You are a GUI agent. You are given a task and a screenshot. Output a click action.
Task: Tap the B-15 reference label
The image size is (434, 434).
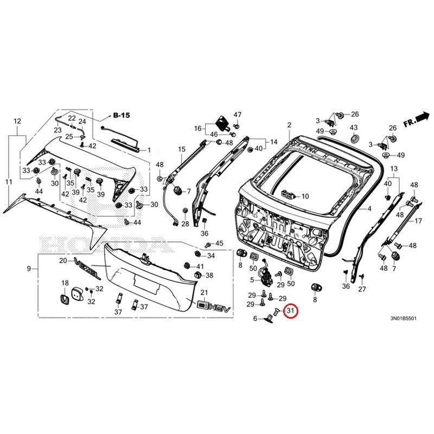click(x=122, y=116)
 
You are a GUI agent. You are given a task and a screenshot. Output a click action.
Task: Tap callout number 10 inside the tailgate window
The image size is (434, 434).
click(x=304, y=196)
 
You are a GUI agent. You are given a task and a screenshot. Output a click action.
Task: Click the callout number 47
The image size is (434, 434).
click(x=237, y=115)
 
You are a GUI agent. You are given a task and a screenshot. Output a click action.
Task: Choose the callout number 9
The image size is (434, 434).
click(x=29, y=268)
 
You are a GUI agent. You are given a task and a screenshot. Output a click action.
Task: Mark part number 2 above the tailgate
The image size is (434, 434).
click(x=290, y=125)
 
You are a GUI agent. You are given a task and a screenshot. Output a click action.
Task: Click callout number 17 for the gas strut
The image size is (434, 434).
click(x=418, y=221)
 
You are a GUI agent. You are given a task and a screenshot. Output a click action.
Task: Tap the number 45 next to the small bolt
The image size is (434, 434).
click(x=220, y=244)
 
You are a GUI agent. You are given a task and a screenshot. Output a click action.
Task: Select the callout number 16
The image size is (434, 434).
click(x=198, y=129)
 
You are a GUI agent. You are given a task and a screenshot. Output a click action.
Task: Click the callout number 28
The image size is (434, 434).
click(x=185, y=224)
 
